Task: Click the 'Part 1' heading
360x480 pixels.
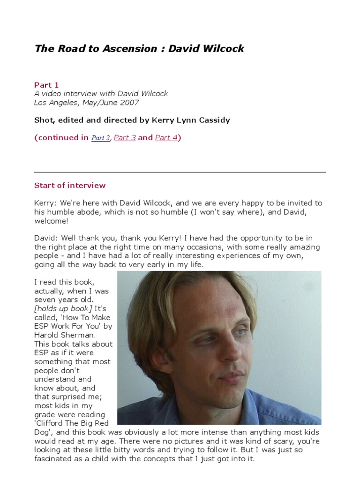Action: coord(46,85)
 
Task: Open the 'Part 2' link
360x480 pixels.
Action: coord(100,138)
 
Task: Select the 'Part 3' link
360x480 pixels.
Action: coord(125,138)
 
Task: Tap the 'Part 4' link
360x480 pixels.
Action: coord(166,138)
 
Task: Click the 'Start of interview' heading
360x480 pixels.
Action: coord(70,185)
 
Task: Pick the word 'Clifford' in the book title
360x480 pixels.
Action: coord(52,423)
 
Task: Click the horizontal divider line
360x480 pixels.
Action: coord(180,172)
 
